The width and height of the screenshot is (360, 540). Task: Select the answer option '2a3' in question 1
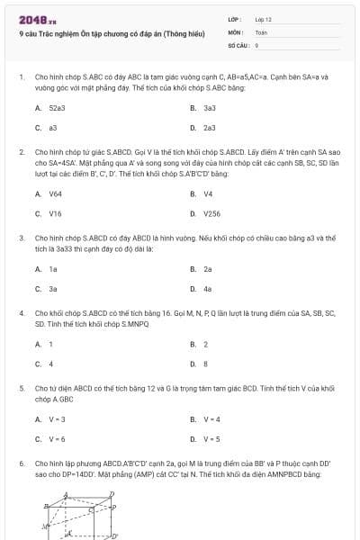coord(209,128)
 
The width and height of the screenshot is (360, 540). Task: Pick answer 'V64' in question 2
coord(55,193)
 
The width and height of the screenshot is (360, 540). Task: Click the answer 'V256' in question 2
coord(211,214)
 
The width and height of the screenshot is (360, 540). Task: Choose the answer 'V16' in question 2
coord(55,214)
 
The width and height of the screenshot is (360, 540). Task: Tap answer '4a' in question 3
coord(207,289)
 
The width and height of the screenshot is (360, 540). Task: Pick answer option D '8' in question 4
coord(205,364)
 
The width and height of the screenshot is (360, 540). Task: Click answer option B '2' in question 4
coord(205,344)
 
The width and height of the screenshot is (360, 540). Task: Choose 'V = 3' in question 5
coord(58,418)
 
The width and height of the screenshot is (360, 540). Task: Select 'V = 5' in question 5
coord(211,439)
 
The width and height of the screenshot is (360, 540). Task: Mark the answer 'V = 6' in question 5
coord(58,439)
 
